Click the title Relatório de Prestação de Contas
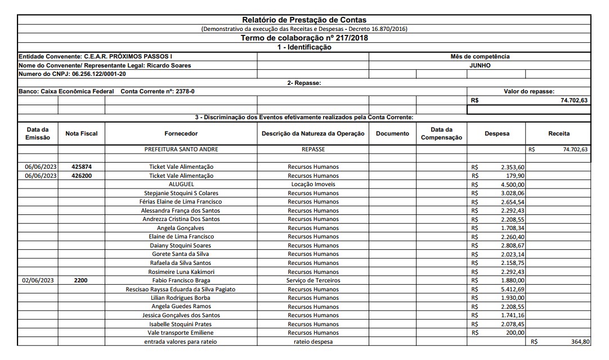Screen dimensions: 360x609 coord(304,20)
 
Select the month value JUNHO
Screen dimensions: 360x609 coord(480,65)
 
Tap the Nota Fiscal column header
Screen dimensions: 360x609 coord(82,134)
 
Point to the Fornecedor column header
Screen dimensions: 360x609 coord(181,134)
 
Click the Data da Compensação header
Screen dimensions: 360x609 coord(441,134)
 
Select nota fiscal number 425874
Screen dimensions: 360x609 coord(82,167)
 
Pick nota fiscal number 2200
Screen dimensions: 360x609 coord(82,280)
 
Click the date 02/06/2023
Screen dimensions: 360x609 coord(38,280)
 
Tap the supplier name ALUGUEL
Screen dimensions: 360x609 coord(181,184)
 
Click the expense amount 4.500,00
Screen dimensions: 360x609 coord(513,184)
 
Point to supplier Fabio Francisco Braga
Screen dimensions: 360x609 coord(181,280)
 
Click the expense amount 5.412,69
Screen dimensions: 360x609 coord(513,289)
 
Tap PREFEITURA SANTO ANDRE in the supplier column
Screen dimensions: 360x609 coord(181,150)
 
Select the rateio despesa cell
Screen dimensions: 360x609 coord(313,341)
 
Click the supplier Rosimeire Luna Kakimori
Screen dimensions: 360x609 coord(181,272)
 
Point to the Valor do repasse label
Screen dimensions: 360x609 coord(529,91)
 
